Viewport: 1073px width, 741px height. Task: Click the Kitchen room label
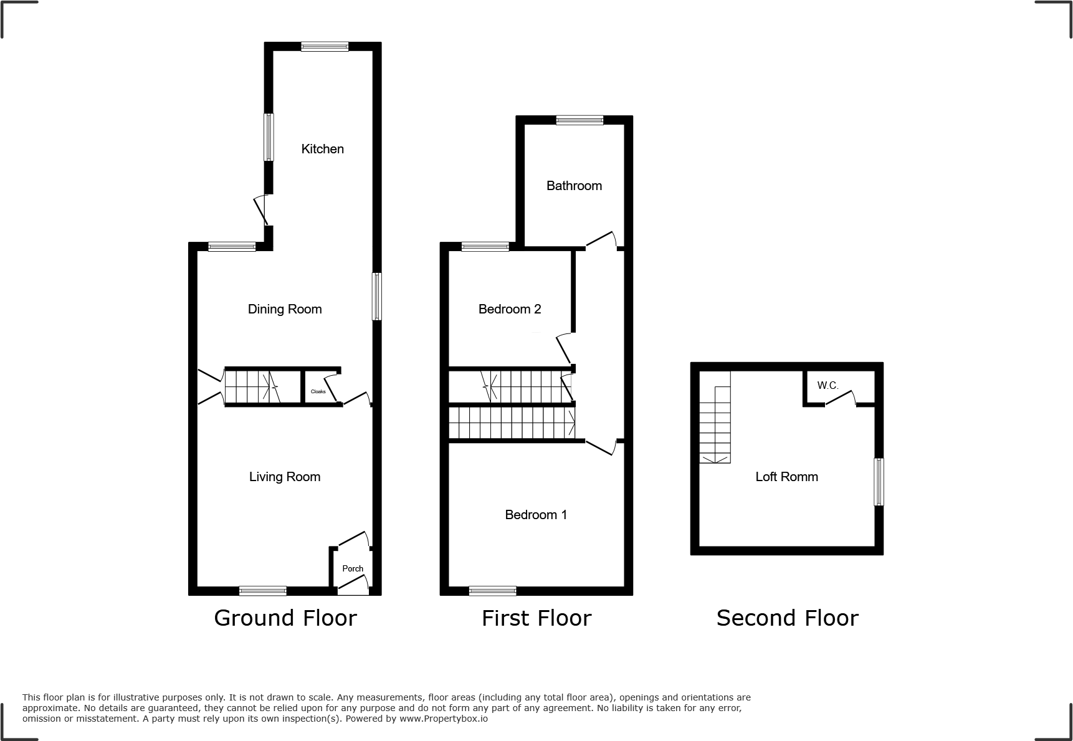322,149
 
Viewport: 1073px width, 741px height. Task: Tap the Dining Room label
285,309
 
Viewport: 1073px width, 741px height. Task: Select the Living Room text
285,477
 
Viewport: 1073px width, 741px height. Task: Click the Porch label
353,568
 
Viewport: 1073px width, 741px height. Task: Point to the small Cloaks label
318,391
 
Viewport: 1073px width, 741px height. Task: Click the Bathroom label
574,186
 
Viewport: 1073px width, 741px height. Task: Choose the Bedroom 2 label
509,309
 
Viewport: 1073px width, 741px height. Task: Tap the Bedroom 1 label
536,515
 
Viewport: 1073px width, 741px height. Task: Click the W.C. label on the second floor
828,386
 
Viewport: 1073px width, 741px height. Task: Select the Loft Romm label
786,477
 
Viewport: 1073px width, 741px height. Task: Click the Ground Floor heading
285,618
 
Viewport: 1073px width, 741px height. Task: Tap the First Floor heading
536,618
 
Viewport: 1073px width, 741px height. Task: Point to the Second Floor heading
787,618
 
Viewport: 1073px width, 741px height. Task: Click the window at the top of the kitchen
325,46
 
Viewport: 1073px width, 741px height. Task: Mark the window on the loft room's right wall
879,482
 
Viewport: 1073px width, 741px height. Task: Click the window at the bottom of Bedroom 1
492,591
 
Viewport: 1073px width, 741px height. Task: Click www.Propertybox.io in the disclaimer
444,719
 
